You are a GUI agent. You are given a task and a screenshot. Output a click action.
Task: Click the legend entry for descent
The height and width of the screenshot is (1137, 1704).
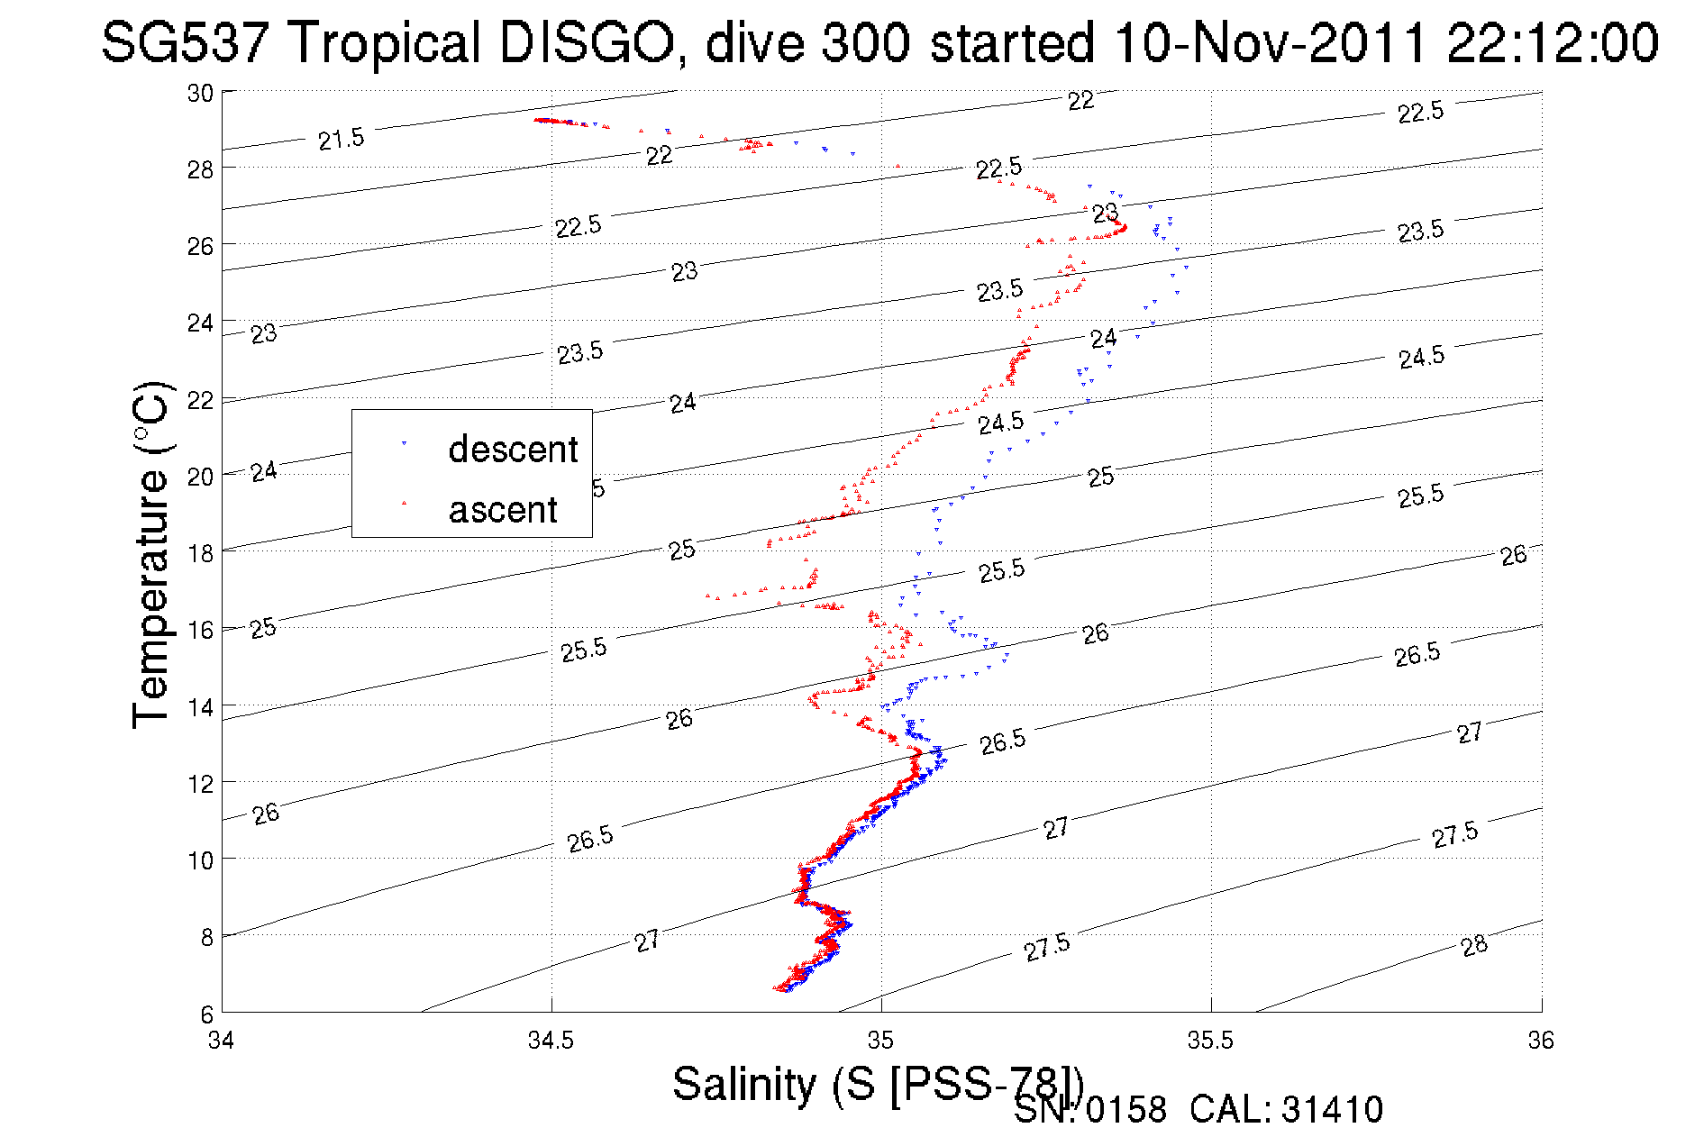(x=512, y=449)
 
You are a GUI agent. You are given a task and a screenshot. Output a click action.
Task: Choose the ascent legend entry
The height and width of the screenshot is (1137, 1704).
(x=503, y=510)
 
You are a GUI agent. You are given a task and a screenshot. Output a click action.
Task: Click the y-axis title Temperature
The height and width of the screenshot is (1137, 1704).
(x=151, y=554)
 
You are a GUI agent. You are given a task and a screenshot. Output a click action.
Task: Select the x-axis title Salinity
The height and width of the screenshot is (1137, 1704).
(x=743, y=1083)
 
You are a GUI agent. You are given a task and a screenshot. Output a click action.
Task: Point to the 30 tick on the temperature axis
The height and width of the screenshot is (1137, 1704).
(x=200, y=93)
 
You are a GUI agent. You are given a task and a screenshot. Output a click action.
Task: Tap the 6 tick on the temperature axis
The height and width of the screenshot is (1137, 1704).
(x=206, y=1014)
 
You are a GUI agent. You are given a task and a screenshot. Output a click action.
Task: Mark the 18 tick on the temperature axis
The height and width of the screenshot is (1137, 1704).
(x=200, y=553)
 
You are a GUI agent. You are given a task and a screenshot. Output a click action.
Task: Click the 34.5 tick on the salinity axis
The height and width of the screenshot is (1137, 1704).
(x=551, y=1041)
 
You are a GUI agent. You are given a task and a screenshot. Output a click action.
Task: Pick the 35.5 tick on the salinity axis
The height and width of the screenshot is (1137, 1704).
(x=1210, y=1041)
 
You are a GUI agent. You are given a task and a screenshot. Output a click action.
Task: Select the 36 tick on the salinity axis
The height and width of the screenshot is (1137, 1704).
(x=1541, y=1041)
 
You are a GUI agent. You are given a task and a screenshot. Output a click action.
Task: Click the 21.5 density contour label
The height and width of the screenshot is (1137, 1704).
(x=342, y=139)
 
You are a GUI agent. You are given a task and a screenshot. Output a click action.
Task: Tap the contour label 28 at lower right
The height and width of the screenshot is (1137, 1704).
(x=1474, y=945)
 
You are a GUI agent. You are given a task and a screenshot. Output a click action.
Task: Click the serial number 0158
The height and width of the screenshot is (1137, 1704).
(x=1125, y=1110)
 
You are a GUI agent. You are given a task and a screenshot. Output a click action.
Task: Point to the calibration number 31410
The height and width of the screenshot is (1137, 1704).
(x=1332, y=1110)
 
